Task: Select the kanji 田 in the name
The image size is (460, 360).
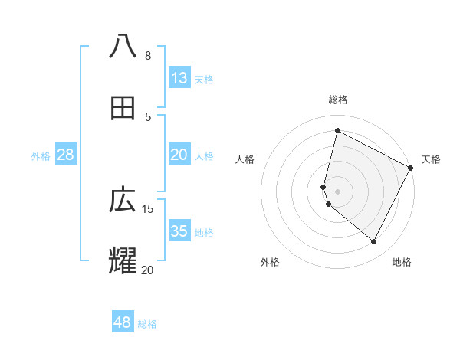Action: click(x=123, y=109)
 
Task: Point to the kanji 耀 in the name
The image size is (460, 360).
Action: click(x=123, y=260)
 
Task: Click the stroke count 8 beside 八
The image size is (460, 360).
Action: click(x=147, y=56)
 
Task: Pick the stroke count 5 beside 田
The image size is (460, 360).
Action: click(x=147, y=116)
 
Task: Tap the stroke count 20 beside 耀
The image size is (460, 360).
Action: click(x=147, y=270)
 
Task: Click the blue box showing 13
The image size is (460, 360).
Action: click(x=179, y=78)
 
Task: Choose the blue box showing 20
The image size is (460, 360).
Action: click(x=179, y=155)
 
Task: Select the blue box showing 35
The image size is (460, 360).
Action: click(x=179, y=231)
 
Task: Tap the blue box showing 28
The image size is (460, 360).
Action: click(x=65, y=155)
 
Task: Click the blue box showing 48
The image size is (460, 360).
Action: click(x=122, y=322)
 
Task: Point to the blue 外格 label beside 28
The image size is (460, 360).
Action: click(x=41, y=156)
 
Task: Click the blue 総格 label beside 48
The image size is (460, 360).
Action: click(x=147, y=324)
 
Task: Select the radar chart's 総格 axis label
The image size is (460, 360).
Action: click(x=337, y=100)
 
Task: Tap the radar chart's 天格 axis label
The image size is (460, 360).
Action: click(x=431, y=159)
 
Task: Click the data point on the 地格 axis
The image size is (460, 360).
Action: click(x=374, y=242)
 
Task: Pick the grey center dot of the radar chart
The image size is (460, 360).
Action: click(x=337, y=191)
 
